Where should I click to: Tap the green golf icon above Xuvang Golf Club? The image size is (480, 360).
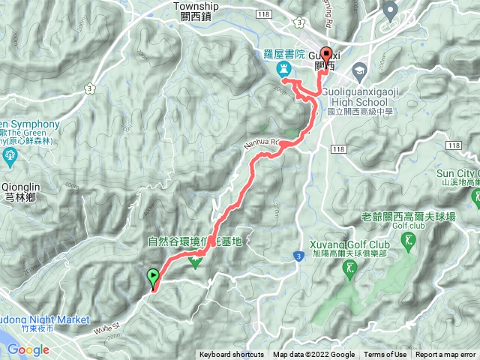coord(408,241)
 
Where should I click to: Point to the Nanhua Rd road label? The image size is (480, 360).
coord(262,141)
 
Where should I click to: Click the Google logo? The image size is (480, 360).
coord(28,349)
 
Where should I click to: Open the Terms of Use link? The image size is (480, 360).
coord(385,355)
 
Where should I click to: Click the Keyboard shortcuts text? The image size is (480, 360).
coord(233,355)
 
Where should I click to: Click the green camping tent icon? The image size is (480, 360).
coord(196,262)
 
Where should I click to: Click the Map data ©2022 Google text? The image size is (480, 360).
coord(313,355)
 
